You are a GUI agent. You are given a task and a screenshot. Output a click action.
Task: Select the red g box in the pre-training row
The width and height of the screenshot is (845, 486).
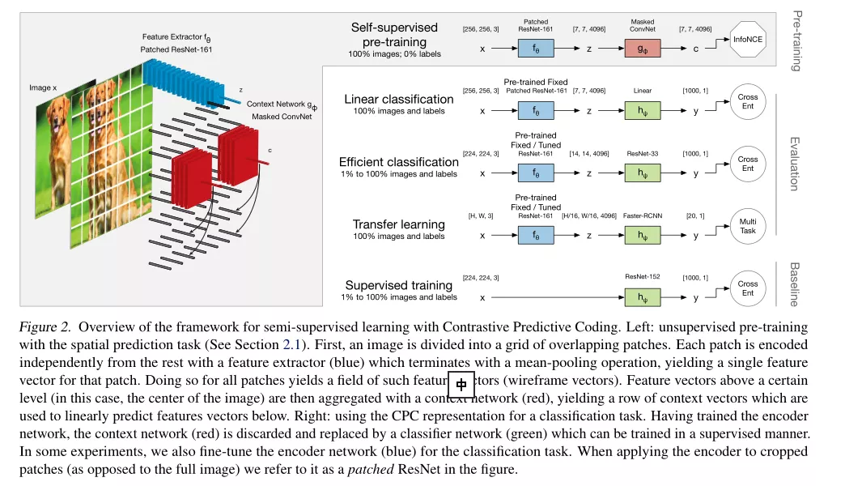click(x=642, y=49)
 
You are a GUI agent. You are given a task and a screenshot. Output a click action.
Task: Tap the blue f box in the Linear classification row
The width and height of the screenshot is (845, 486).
click(x=535, y=110)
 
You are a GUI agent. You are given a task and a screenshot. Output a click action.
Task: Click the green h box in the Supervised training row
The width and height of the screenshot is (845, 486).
click(x=642, y=297)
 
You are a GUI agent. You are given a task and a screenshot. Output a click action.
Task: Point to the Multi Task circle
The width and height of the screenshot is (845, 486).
click(x=748, y=225)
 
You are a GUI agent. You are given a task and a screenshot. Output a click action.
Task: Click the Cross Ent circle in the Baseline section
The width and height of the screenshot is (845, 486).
click(x=748, y=288)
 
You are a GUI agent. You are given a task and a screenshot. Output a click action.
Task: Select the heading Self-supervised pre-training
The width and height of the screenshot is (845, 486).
click(x=394, y=35)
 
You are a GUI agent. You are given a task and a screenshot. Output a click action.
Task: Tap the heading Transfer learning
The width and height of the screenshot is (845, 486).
click(x=398, y=224)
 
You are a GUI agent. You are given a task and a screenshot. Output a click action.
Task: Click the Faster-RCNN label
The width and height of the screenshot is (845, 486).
click(x=643, y=215)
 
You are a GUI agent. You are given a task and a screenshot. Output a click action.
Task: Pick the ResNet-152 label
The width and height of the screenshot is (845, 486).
click(x=642, y=277)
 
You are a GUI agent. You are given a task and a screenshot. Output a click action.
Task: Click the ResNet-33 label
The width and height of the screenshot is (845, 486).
click(x=643, y=153)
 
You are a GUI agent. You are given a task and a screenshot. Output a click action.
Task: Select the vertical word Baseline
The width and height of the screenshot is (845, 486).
click(x=795, y=284)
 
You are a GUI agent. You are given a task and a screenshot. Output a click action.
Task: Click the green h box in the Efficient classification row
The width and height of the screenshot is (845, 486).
click(x=642, y=173)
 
